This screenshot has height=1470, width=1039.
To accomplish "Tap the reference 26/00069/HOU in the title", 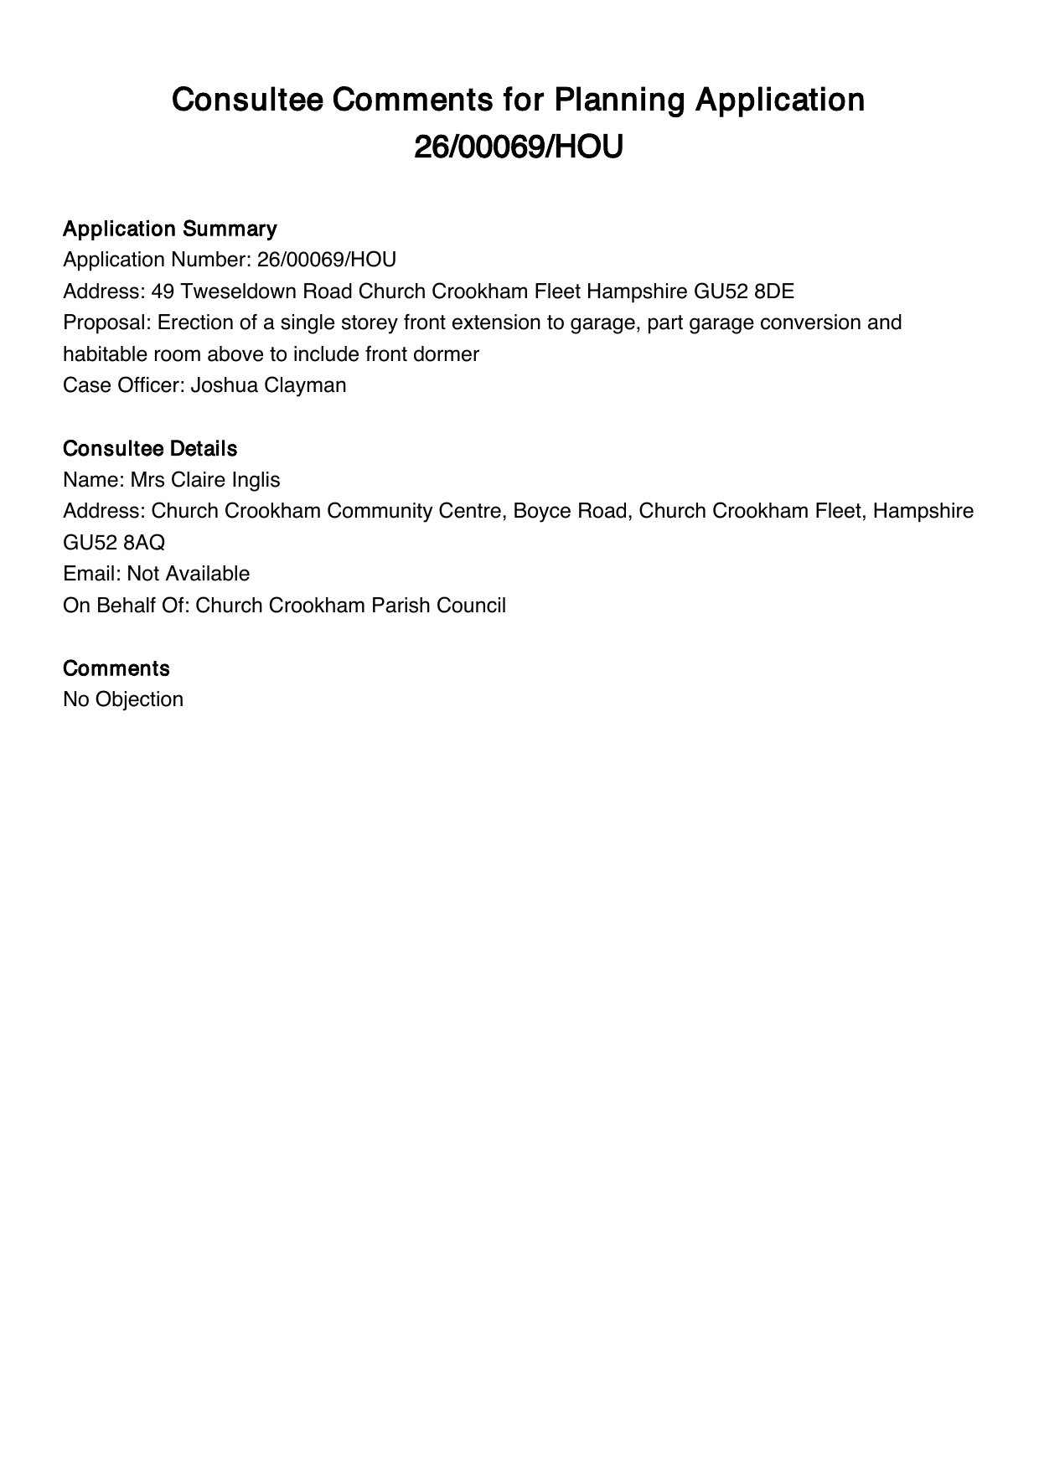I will [519, 148].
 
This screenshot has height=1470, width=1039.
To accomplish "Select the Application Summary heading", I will [169, 229].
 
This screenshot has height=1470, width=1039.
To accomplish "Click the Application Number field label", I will [157, 260].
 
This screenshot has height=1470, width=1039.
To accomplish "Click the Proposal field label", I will [107, 322].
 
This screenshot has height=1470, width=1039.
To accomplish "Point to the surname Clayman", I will [308, 385].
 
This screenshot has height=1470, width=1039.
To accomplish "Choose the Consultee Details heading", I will [150, 449].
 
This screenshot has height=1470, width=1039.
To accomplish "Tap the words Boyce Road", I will [570, 511].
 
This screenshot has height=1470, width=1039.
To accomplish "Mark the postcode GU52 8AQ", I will [114, 543].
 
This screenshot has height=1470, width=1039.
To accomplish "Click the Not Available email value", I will [189, 574].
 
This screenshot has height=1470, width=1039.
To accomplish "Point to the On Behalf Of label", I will [126, 606].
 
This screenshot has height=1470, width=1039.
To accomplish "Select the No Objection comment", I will [123, 699].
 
